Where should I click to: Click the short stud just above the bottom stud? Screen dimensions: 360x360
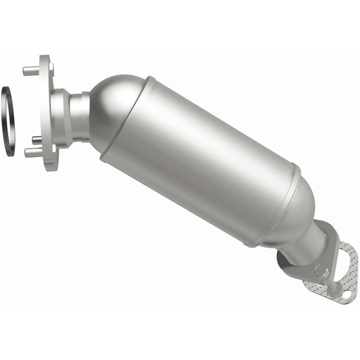click(36, 139)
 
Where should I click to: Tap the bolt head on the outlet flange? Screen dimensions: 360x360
click(320, 273)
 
